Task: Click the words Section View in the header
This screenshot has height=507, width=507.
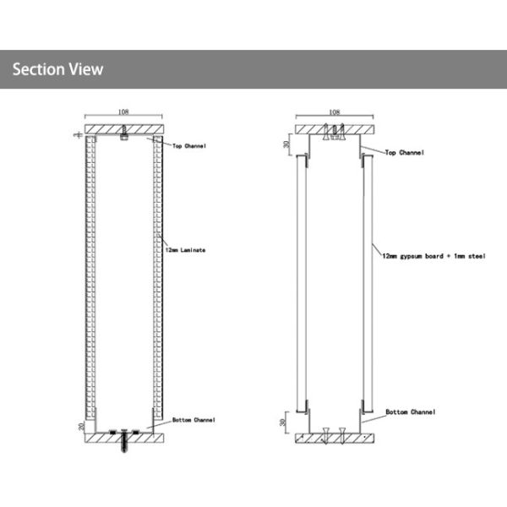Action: [57, 69]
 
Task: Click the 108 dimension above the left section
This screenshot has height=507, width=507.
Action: [123, 110]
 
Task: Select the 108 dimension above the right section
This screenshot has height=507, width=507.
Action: [334, 111]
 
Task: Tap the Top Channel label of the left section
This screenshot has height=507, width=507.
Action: [190, 145]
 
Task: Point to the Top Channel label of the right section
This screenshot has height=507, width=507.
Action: [404, 153]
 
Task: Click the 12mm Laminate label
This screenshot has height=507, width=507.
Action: [187, 250]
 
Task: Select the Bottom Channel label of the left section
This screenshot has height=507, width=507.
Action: [194, 419]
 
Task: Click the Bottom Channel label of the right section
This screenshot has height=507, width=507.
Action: [410, 412]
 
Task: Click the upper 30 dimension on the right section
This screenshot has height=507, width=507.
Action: [286, 144]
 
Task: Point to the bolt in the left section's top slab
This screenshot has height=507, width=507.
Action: [123, 133]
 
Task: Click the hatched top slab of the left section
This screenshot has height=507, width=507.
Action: [101, 129]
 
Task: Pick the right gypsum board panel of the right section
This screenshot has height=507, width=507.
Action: [368, 284]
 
